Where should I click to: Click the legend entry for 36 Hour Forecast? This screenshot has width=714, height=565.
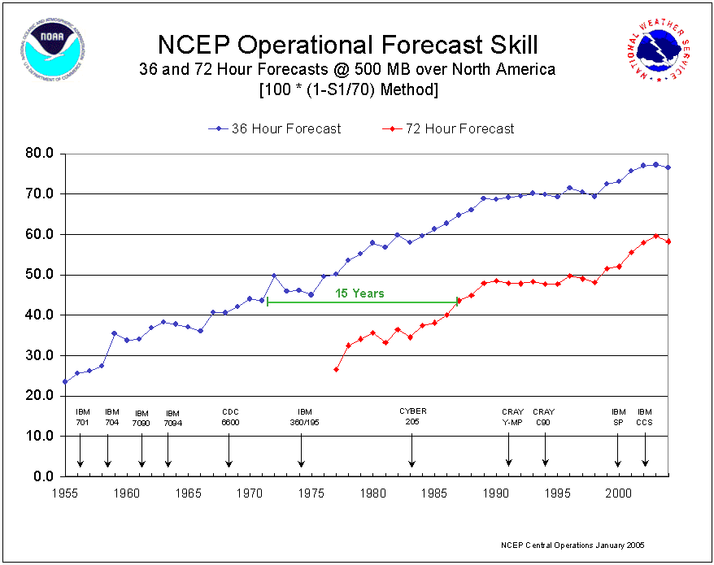point(285,128)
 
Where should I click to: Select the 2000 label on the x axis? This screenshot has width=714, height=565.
point(619,493)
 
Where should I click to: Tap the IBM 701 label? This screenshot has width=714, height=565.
point(82,417)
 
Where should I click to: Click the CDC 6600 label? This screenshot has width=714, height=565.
point(230,417)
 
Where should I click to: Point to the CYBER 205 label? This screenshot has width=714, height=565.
point(412,416)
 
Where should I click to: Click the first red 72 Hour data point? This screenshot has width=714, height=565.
point(336,369)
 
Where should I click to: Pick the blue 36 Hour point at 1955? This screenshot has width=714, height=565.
point(65,381)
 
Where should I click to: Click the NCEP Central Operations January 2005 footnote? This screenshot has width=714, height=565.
point(574,545)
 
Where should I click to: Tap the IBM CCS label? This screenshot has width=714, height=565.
point(645,417)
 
